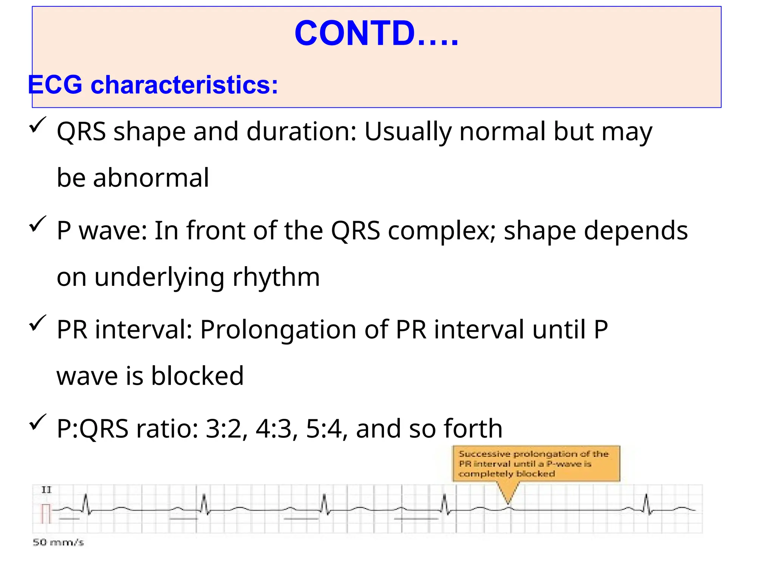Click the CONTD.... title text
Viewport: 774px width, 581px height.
click(x=376, y=33)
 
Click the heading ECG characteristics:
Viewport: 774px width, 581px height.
click(x=153, y=84)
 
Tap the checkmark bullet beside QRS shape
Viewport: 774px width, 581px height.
click(x=37, y=125)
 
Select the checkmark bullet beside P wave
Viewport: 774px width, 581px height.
click(x=37, y=224)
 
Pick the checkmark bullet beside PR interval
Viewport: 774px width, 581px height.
click(x=37, y=323)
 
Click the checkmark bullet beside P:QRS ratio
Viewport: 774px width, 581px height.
click(x=37, y=422)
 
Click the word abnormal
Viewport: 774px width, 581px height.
click(x=151, y=178)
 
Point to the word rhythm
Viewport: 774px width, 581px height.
click(x=276, y=277)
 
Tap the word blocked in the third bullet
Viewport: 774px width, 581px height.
click(x=197, y=376)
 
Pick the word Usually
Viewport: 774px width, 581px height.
click(x=408, y=132)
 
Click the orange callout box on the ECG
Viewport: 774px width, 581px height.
click(x=536, y=463)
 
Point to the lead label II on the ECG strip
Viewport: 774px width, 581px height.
click(x=46, y=490)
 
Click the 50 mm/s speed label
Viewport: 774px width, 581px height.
click(x=58, y=542)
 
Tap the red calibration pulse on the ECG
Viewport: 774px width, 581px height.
click(x=46, y=513)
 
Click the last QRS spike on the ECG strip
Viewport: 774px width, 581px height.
click(x=647, y=503)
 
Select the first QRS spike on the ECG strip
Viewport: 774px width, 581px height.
click(x=86, y=503)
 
